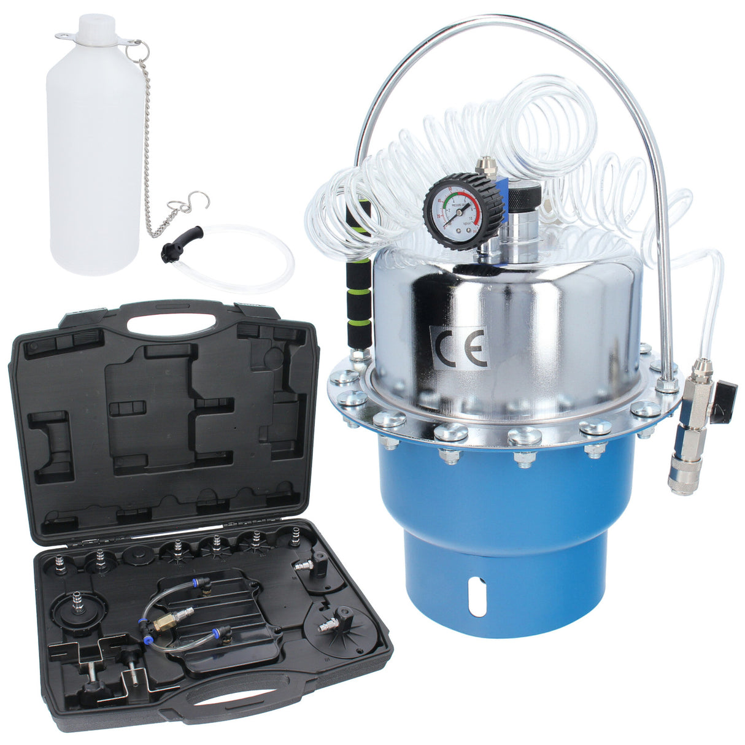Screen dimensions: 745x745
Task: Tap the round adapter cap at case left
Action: click(79, 607)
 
